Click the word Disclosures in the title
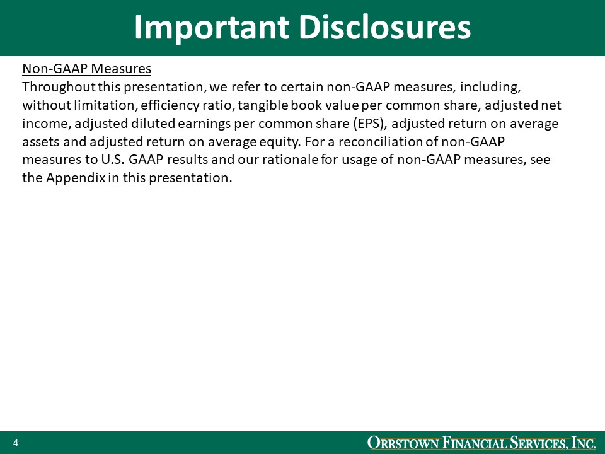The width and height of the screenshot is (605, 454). tap(384, 28)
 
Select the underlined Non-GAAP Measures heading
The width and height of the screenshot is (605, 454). tap(86, 69)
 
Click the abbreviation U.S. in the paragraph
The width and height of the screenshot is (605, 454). tap(113, 160)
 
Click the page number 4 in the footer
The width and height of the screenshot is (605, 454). tap(15, 443)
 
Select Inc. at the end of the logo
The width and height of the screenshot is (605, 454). tap(584, 443)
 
